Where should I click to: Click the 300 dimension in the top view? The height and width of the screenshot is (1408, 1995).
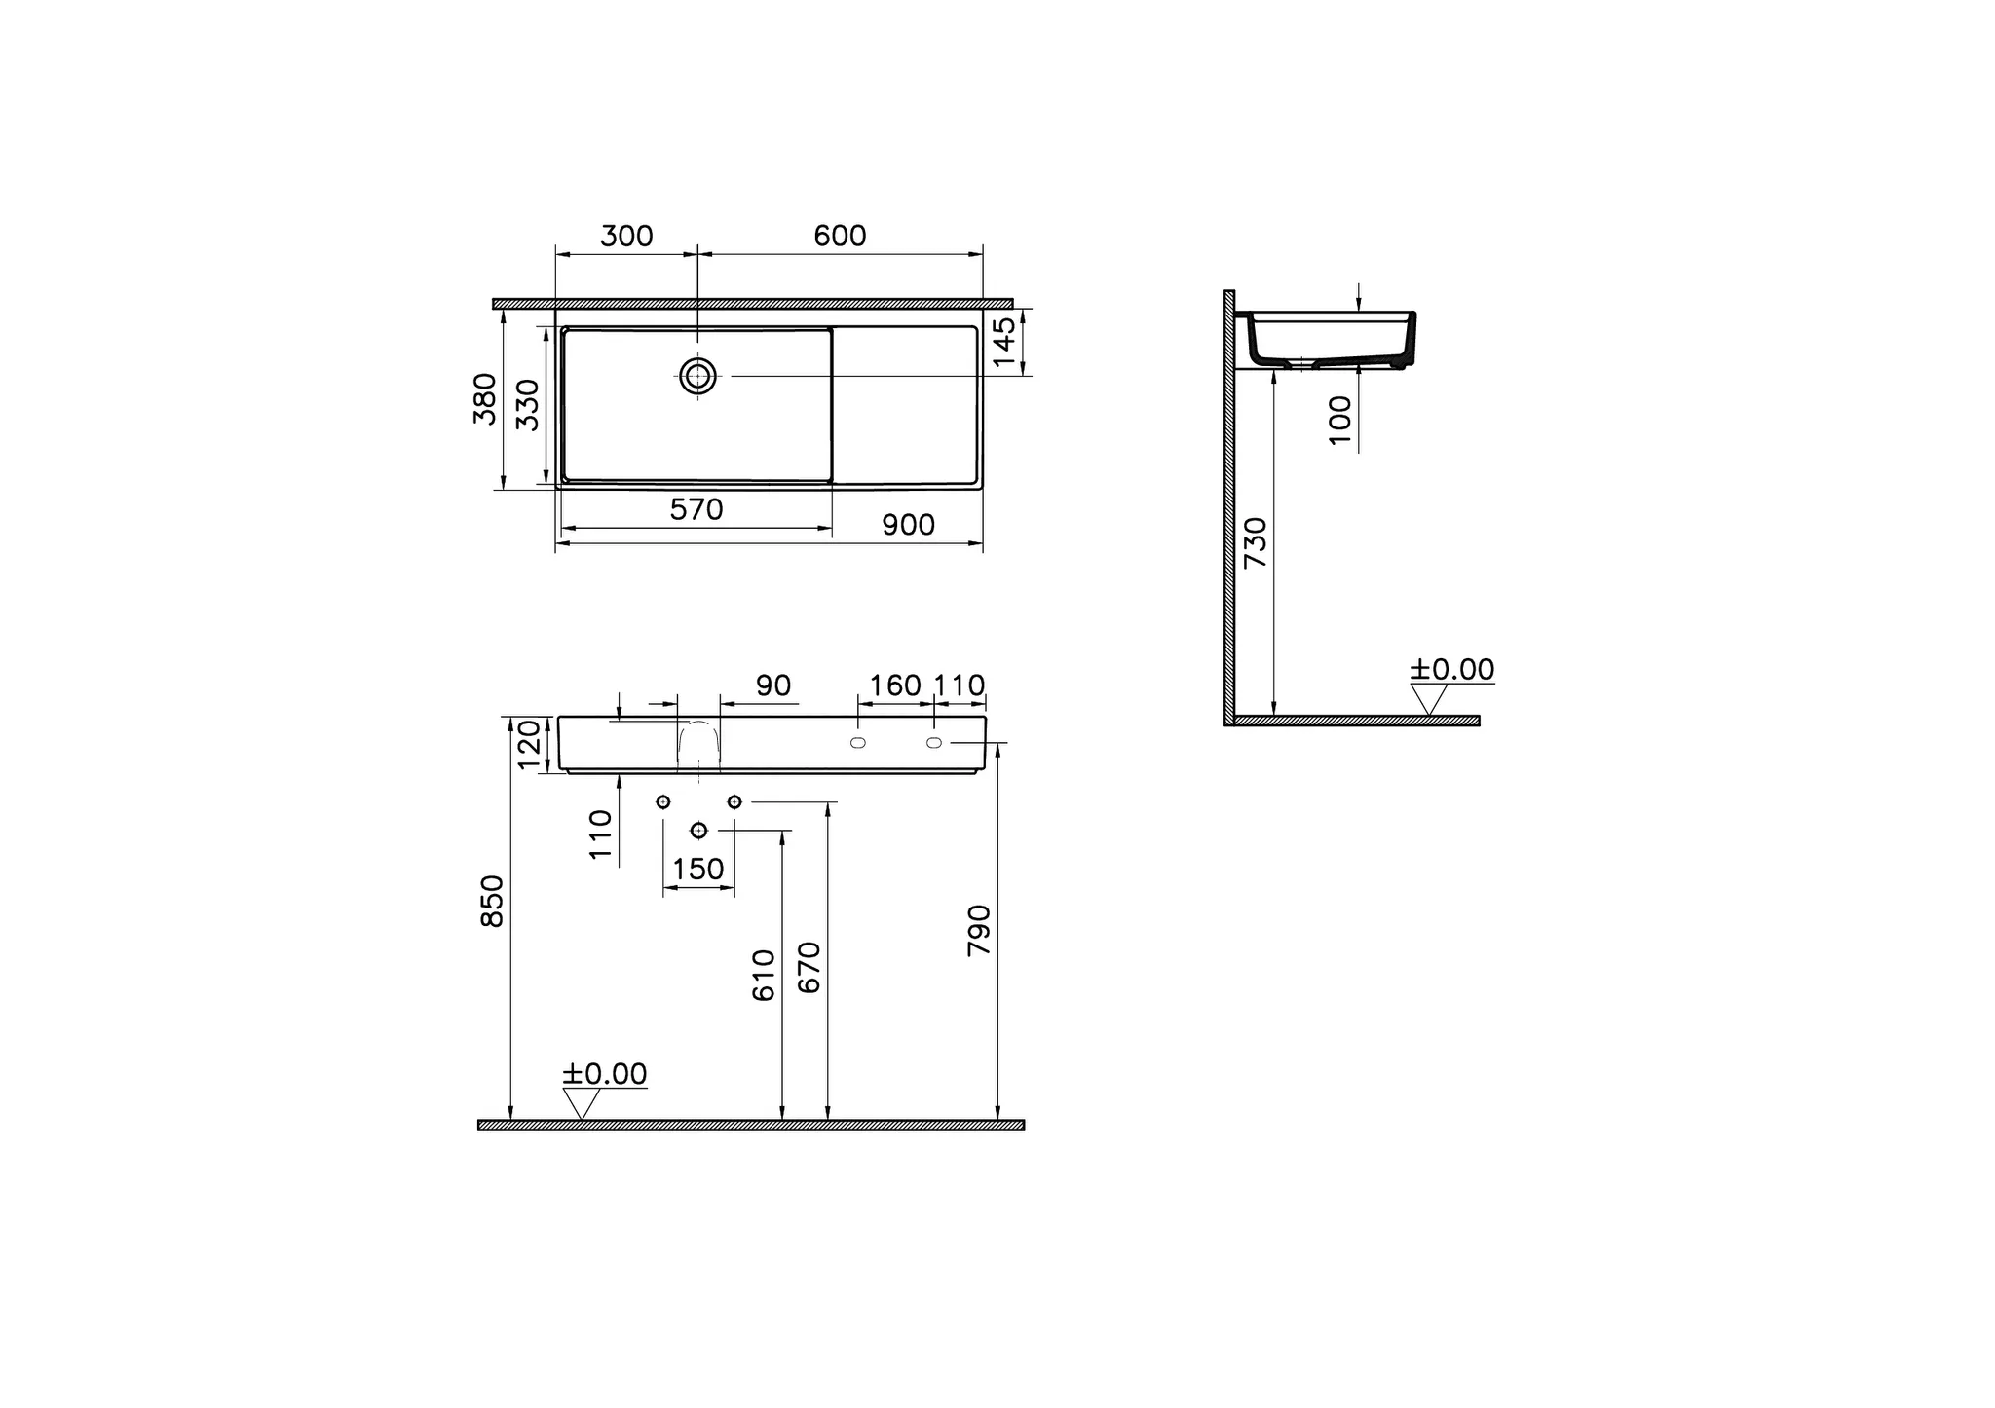tap(626, 237)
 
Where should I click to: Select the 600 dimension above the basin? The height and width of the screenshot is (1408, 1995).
tap(840, 237)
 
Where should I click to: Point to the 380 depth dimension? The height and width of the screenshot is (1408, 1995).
tap(484, 398)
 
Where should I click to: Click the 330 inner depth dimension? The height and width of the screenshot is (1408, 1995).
tap(527, 404)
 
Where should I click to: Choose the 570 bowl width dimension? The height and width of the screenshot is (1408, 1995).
tap(696, 509)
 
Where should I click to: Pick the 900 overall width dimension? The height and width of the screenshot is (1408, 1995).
tap(908, 525)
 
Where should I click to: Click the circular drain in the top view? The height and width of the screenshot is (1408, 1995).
tap(697, 376)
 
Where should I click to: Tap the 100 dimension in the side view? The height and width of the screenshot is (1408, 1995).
tap(1341, 420)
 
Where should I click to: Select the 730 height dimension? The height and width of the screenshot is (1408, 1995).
tap(1257, 542)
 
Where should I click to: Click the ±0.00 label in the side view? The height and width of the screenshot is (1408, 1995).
tap(1451, 670)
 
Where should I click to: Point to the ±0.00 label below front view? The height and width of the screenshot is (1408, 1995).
tap(604, 1074)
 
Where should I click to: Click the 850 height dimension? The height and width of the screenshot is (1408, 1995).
tap(493, 901)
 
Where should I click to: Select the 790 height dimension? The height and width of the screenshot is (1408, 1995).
tap(979, 930)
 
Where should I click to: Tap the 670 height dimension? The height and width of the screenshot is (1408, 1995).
tap(809, 967)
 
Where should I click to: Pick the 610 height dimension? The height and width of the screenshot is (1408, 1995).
tap(765, 975)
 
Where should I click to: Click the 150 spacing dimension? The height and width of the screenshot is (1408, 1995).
tap(698, 869)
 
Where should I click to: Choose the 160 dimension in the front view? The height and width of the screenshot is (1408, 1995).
tap(894, 685)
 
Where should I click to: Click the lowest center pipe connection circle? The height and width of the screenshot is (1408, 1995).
tap(698, 830)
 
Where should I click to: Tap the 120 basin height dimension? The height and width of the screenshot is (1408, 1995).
tap(529, 744)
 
